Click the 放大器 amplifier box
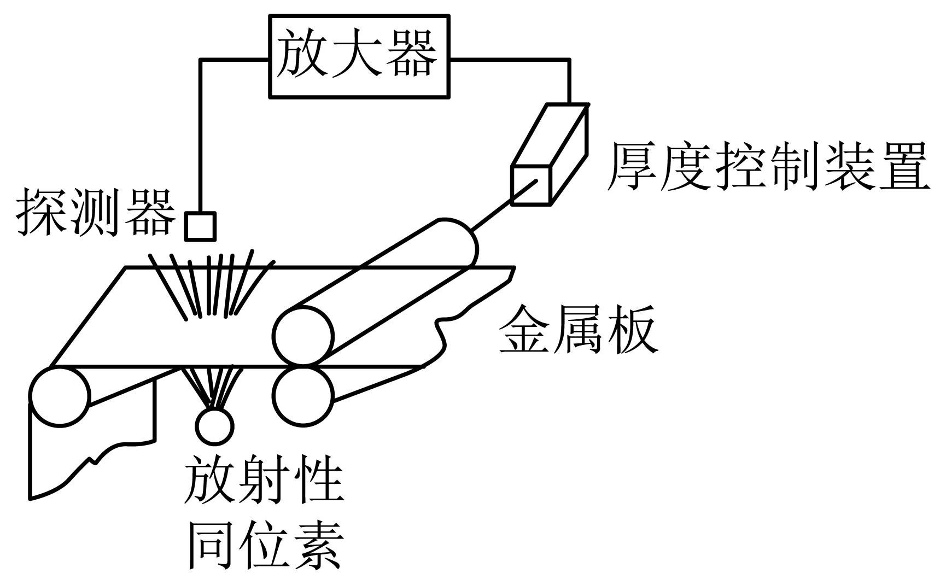359,57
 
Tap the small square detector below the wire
200,226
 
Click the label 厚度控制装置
768,166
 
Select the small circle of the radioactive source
214,425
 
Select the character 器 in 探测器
150,213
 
